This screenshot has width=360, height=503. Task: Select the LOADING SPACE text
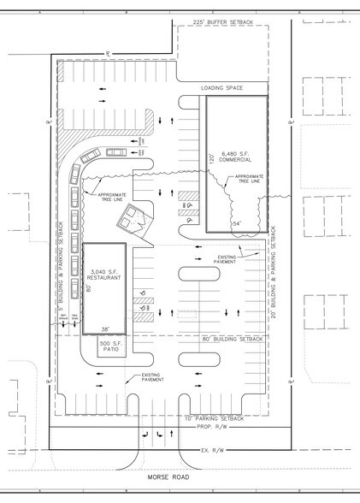pos(222,87)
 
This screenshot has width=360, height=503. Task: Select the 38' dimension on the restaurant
pos(105,329)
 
